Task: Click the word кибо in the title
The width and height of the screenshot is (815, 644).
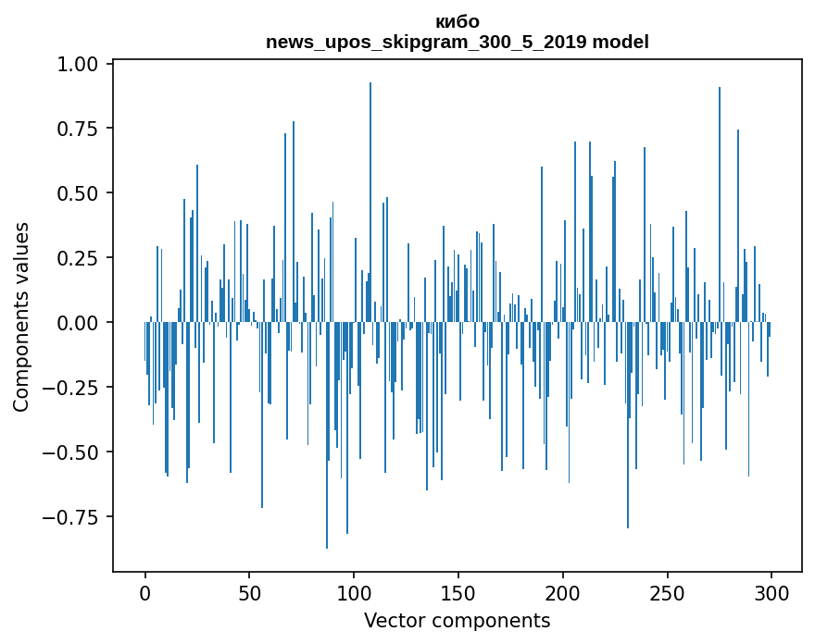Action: click(x=458, y=22)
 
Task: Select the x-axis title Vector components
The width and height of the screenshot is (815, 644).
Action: click(x=458, y=621)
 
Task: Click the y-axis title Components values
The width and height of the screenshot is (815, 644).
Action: click(x=21, y=316)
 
